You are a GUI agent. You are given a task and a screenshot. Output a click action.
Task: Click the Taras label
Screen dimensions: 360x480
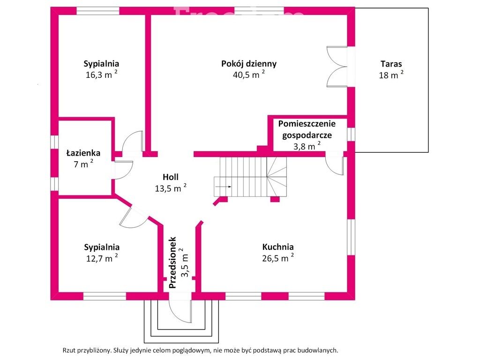pos(391,64)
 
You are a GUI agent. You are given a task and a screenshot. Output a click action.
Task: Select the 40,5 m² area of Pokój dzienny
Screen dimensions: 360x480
pos(248,75)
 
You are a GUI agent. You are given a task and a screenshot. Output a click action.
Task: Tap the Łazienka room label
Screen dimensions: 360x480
pos(83,153)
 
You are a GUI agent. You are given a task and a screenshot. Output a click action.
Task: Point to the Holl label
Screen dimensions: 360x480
pos(171,177)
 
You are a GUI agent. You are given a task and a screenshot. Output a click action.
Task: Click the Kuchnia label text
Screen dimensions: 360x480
pos(278,247)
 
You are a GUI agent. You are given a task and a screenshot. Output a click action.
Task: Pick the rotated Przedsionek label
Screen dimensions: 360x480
pos(172,262)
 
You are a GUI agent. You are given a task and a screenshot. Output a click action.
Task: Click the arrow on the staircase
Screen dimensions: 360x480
pos(225,187)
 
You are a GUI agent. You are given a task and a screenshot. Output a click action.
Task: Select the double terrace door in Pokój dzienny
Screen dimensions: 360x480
pos(337,66)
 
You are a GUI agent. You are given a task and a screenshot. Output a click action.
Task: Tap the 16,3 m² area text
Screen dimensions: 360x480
pos(101,75)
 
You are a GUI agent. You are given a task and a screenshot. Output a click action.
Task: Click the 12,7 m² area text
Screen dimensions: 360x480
pos(101,258)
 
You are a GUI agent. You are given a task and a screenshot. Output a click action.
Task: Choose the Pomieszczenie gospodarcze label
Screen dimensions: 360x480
pos(307,129)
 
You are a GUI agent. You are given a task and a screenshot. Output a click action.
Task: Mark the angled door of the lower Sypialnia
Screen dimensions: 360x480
pos(133,216)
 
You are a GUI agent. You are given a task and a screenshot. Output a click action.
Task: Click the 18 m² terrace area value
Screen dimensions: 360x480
pos(390,75)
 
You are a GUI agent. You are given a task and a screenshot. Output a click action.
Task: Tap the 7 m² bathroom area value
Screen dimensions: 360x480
pos(83,164)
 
